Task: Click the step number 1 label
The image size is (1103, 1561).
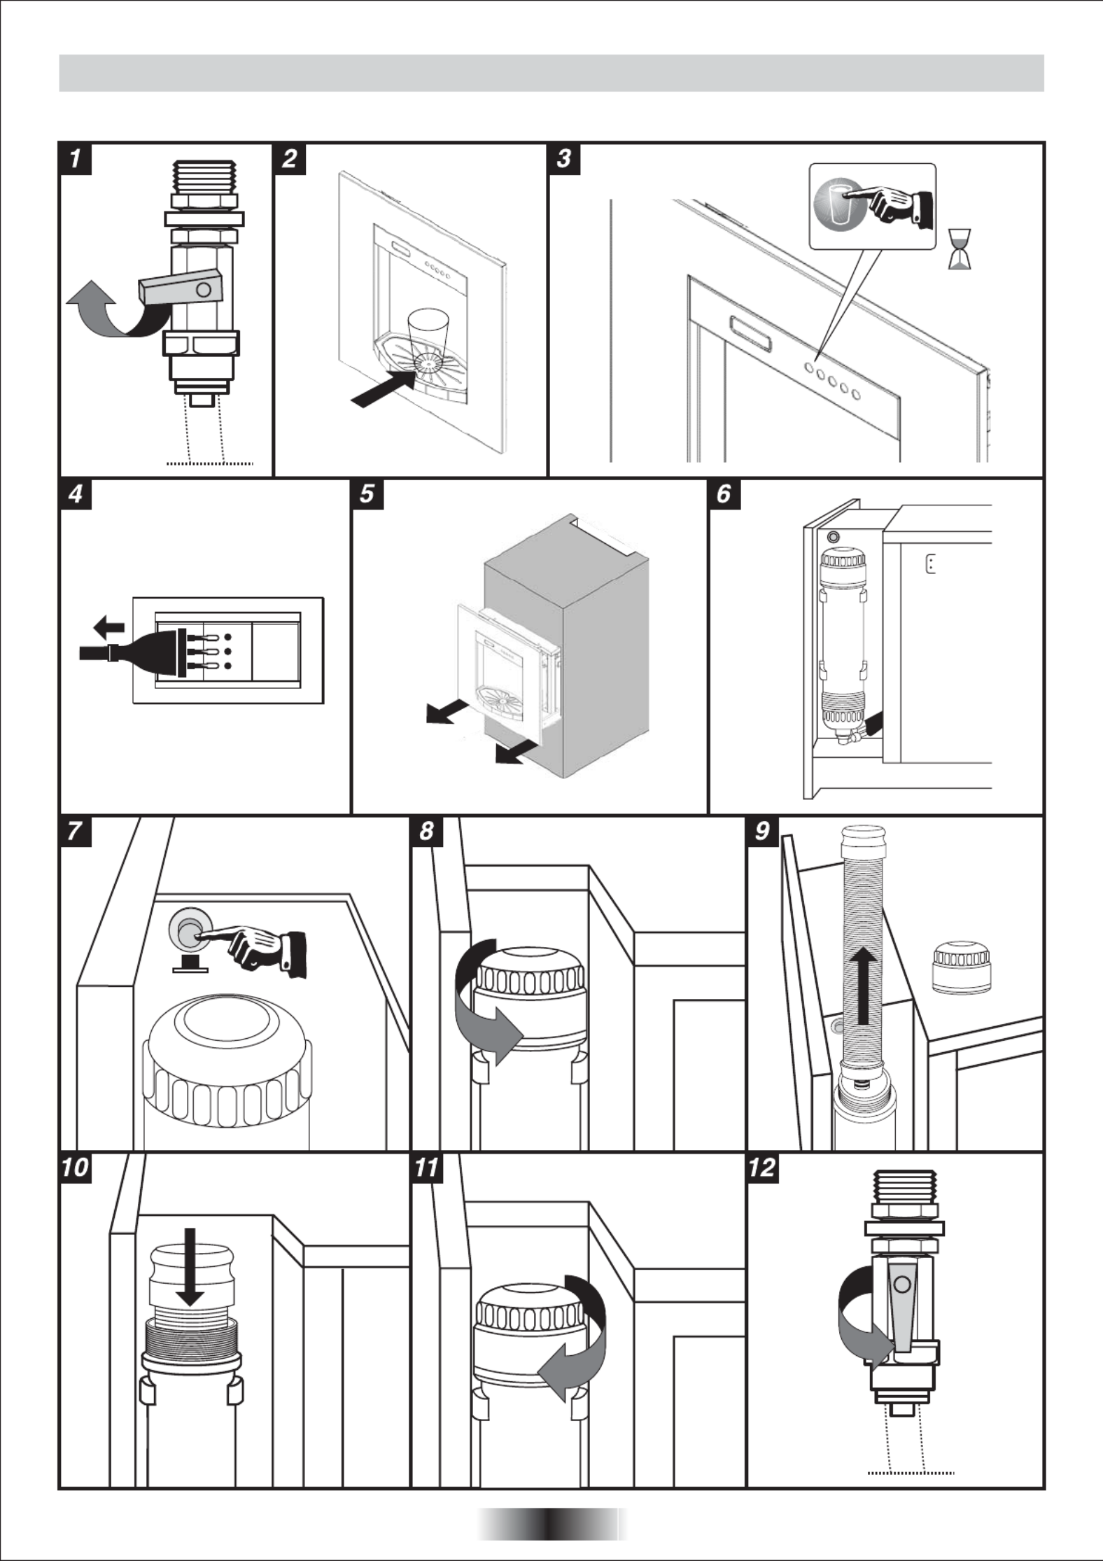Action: (76, 159)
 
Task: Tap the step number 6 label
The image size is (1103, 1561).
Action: (724, 494)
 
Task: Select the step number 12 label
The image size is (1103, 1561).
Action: (763, 1167)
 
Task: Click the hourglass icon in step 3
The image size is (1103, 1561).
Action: (959, 248)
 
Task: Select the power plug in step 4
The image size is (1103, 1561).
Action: (150, 651)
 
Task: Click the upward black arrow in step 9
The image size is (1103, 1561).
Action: (866, 1001)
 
